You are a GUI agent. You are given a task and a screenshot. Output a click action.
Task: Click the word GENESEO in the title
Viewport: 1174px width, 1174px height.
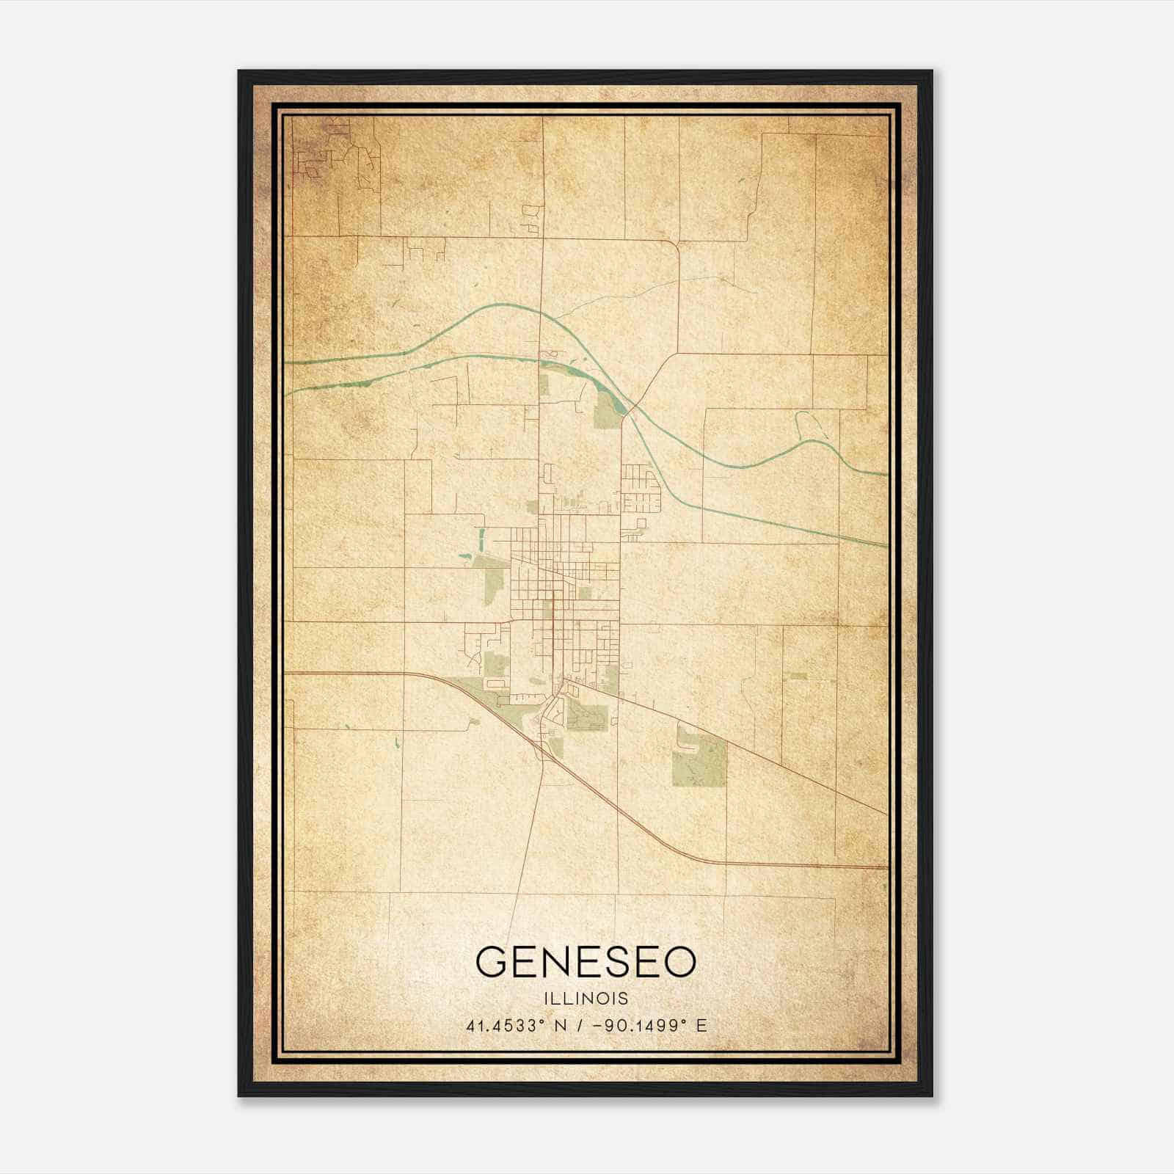tap(586, 961)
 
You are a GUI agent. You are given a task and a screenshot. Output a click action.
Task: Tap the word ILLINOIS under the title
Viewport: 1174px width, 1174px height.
tap(586, 999)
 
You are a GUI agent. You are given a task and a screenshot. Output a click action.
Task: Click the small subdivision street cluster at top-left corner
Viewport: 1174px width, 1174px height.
tap(323, 158)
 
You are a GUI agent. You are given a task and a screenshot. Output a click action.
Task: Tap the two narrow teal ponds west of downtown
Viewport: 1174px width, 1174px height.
tap(481, 542)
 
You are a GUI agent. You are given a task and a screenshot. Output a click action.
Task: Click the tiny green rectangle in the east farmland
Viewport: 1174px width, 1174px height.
tap(798, 676)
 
